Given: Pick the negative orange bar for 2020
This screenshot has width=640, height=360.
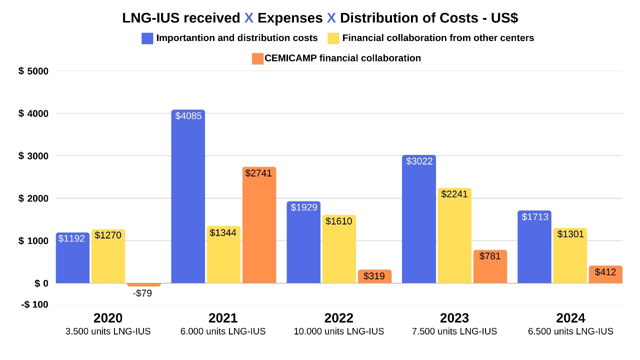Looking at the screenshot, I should [144, 284].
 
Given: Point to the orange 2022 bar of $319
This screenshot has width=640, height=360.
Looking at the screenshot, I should [374, 276].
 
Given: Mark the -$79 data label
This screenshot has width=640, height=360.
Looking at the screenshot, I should [142, 293].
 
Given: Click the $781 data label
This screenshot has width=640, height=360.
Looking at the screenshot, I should [489, 256].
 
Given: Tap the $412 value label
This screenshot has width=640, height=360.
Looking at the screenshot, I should [605, 272].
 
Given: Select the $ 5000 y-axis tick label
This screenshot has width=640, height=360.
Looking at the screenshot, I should [33, 71].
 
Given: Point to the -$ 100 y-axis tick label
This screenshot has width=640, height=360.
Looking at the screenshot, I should [34, 305].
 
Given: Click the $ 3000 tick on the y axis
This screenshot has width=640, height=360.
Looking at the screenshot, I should [33, 156].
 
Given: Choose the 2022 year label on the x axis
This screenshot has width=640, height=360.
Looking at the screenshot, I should [338, 318].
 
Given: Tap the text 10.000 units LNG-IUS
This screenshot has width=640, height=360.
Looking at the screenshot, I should [338, 331].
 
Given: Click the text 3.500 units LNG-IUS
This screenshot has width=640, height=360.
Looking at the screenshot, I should [108, 331].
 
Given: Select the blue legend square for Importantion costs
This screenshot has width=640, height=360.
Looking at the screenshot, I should [147, 38].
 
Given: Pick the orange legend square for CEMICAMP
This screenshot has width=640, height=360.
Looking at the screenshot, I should [257, 58].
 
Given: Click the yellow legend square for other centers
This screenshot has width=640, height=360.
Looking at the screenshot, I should [333, 38].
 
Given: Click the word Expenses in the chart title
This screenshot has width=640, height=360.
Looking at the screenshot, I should [290, 18].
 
